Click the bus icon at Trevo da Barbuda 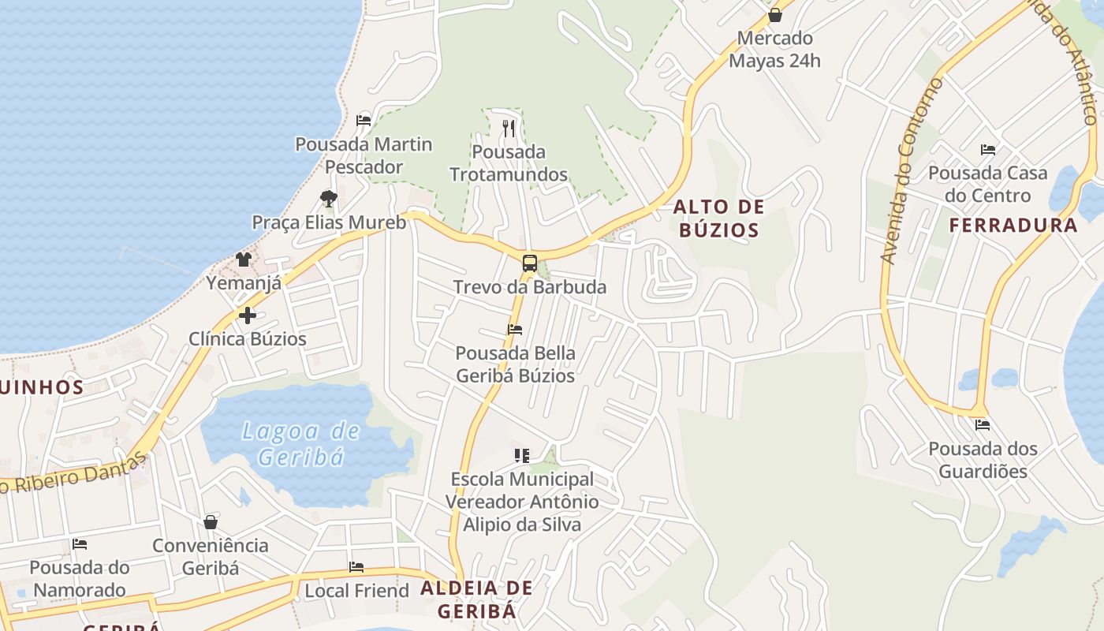(529, 263)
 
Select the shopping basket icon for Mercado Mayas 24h (774, 15)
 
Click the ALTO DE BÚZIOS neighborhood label (718, 218)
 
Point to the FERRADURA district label (1013, 226)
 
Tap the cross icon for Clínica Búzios (248, 315)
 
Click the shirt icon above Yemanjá (243, 259)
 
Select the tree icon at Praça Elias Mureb (329, 199)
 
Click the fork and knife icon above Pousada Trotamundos (509, 128)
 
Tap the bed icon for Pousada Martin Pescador (364, 121)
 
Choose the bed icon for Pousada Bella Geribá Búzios (515, 330)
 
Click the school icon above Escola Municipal (521, 456)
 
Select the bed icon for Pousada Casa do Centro (987, 150)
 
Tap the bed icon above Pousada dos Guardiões (982, 425)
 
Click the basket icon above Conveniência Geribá (211, 522)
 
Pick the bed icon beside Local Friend (356, 567)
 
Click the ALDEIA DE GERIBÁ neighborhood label (476, 599)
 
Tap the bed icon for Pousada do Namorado (80, 544)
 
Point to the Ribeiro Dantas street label (75, 474)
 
